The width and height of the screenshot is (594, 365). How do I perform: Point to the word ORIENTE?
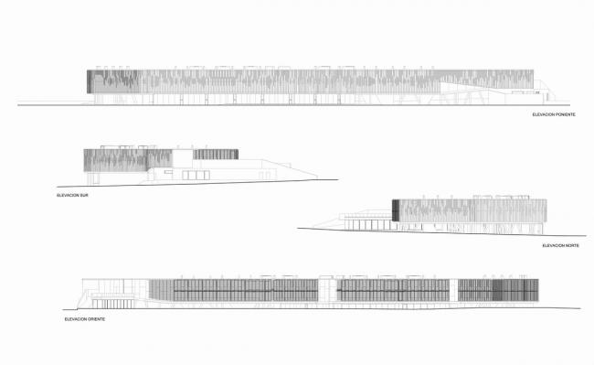(98, 319)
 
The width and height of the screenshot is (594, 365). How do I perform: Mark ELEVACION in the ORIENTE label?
(76, 319)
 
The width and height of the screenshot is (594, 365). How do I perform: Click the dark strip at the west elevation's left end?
(90, 81)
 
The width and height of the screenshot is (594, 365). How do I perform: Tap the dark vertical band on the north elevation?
(396, 209)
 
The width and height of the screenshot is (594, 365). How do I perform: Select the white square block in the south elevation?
(182, 157)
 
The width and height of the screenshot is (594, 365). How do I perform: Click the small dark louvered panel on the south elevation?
(216, 154)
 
